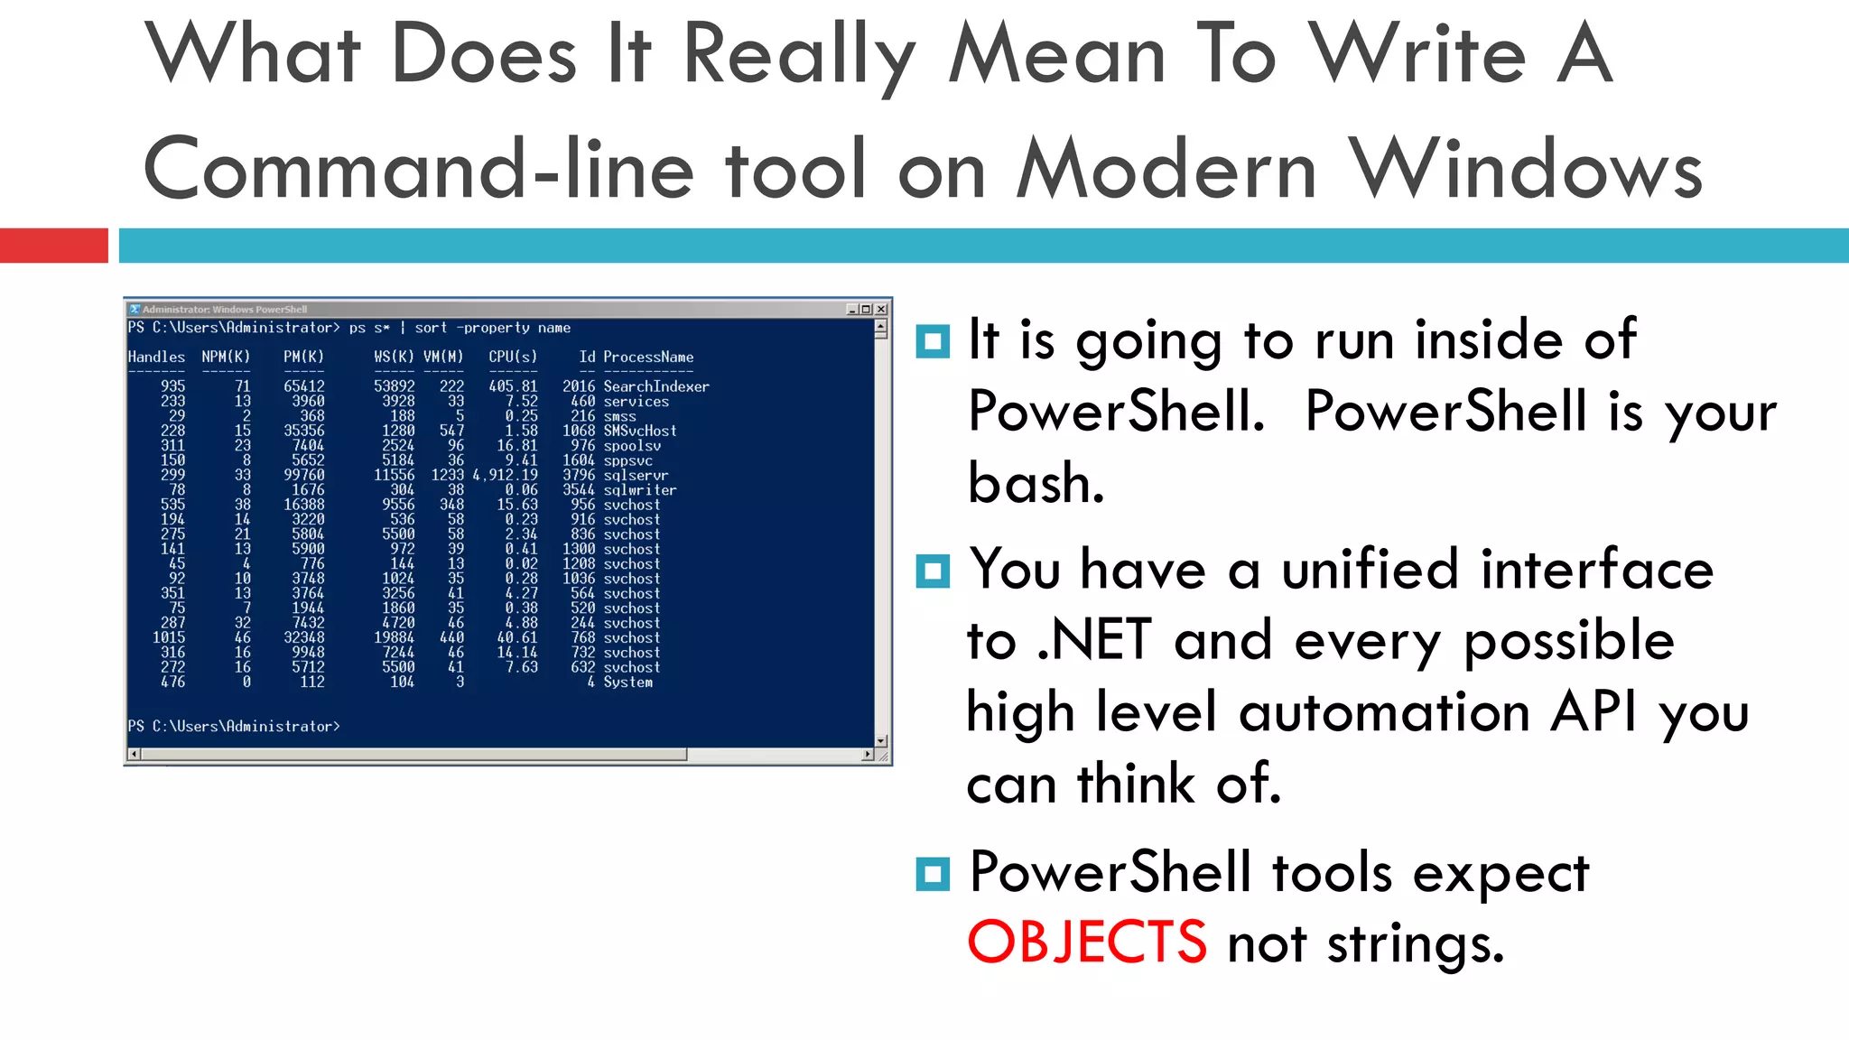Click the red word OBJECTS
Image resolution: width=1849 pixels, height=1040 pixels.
1086,942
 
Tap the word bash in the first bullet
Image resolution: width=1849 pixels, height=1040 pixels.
1035,483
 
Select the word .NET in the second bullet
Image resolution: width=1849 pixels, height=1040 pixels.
1094,640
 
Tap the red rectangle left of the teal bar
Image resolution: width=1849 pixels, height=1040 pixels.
53,246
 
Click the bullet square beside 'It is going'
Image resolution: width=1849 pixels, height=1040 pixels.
932,341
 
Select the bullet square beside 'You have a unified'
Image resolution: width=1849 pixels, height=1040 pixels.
932,571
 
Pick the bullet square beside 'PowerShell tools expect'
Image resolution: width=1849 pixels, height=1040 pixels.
932,873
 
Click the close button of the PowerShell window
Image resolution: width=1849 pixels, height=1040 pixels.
881,310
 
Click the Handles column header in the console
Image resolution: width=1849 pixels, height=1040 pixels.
156,357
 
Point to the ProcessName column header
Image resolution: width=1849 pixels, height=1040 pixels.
648,357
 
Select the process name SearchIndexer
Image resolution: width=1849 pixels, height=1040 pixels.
656,386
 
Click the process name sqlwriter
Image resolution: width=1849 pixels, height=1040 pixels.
639,490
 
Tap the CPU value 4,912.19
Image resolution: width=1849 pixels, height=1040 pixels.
506,475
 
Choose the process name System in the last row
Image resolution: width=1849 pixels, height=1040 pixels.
627,682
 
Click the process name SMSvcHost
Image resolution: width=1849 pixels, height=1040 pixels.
639,431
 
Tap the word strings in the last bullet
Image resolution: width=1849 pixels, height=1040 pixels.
1414,943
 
